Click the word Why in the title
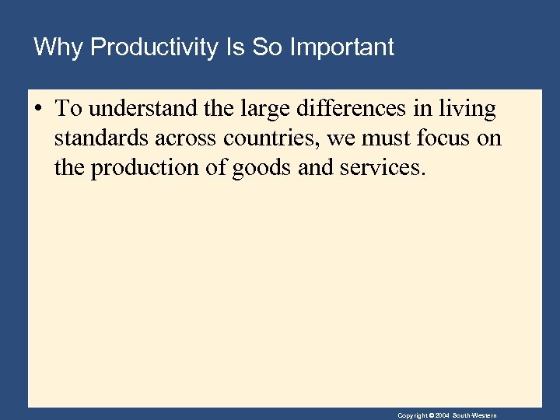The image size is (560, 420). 59,48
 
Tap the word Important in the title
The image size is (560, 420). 342,48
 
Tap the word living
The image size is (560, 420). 467,110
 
